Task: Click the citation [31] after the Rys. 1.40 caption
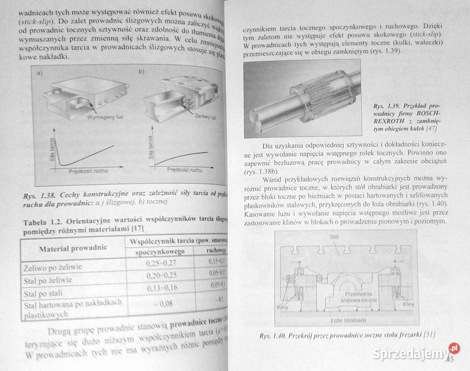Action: [429, 335]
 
